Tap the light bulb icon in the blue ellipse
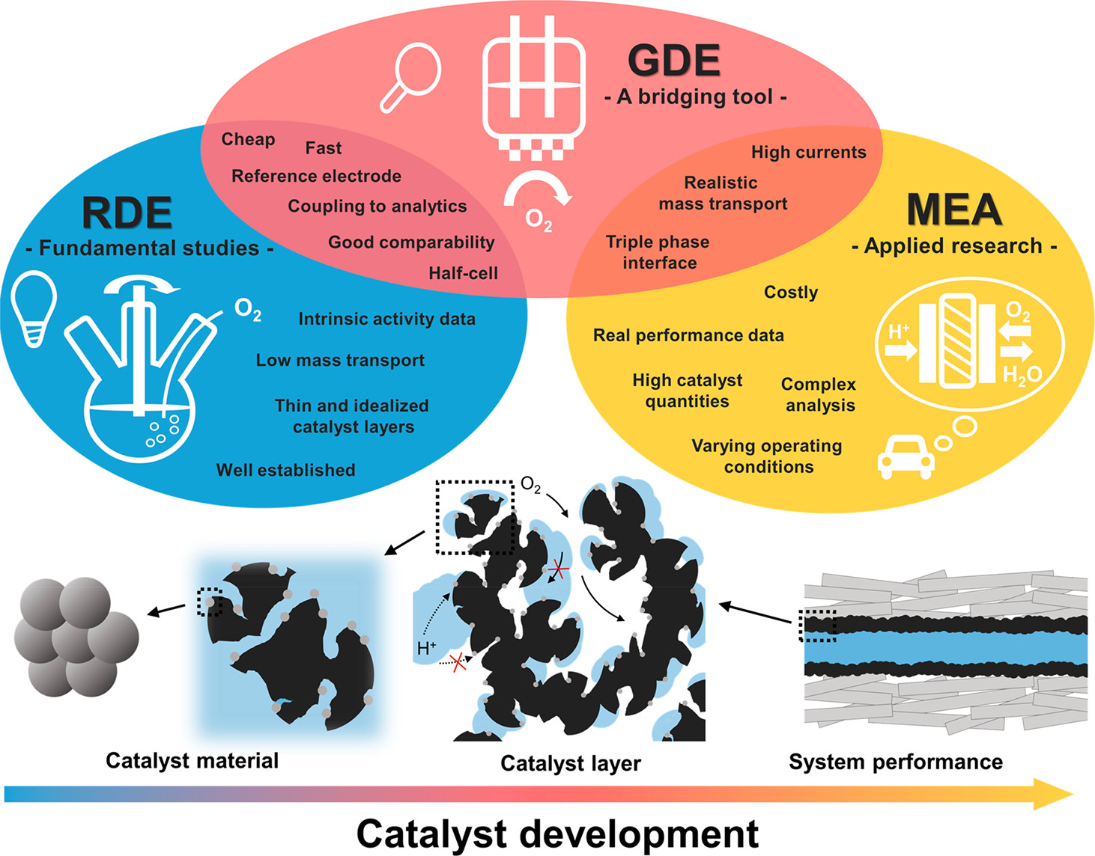(x=34, y=308)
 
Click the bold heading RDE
(x=127, y=213)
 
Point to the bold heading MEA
(x=953, y=210)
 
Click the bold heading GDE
(x=673, y=61)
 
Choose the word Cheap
(x=248, y=139)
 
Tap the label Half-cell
(x=463, y=273)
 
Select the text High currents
(x=808, y=152)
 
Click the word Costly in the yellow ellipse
(x=790, y=292)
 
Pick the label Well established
(x=285, y=470)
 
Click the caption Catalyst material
(x=192, y=760)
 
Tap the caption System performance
(x=895, y=762)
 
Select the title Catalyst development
(x=557, y=834)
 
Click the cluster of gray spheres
(x=75, y=636)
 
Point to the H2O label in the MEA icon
(x=1022, y=373)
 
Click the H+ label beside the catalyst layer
(x=426, y=648)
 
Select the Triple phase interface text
(x=658, y=252)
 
